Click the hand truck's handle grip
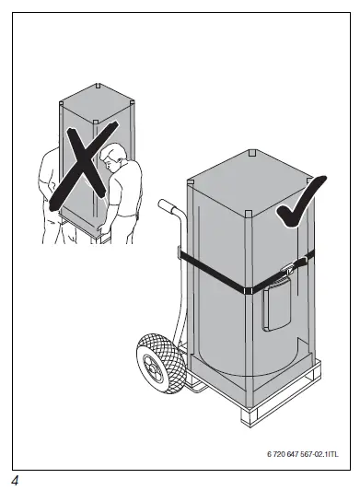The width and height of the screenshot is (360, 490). tap(166, 206)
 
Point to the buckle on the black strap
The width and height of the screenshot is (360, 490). tap(287, 269)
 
